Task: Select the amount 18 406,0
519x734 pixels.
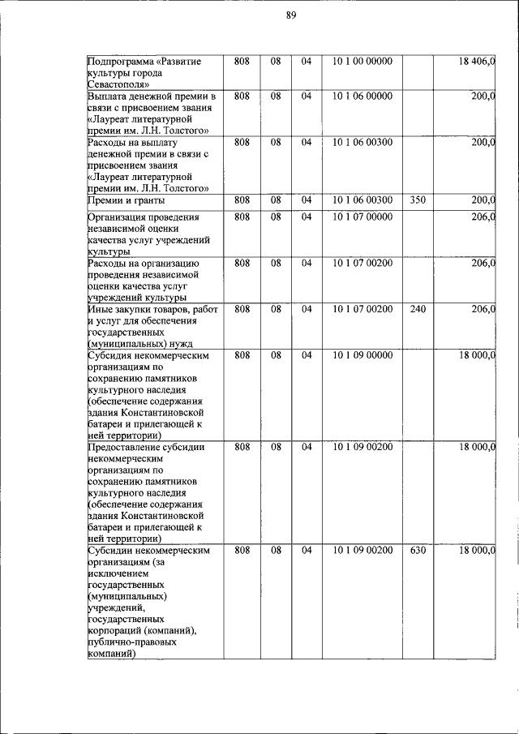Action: [477, 62]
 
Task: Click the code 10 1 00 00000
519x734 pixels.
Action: [362, 62]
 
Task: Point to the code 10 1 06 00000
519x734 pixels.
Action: [362, 97]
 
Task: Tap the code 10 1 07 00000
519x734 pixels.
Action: [362, 217]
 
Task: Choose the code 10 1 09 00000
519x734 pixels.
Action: [362, 355]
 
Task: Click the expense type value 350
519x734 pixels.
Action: [418, 200]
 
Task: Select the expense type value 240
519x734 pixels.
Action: [418, 309]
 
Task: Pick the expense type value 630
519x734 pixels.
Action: [418, 551]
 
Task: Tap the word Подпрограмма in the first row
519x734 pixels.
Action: [120, 62]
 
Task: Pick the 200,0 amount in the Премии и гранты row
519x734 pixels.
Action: [483, 200]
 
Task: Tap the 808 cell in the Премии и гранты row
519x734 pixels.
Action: [241, 200]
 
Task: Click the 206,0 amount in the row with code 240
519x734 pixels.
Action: [483, 309]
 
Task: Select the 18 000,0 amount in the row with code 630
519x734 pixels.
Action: [477, 551]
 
